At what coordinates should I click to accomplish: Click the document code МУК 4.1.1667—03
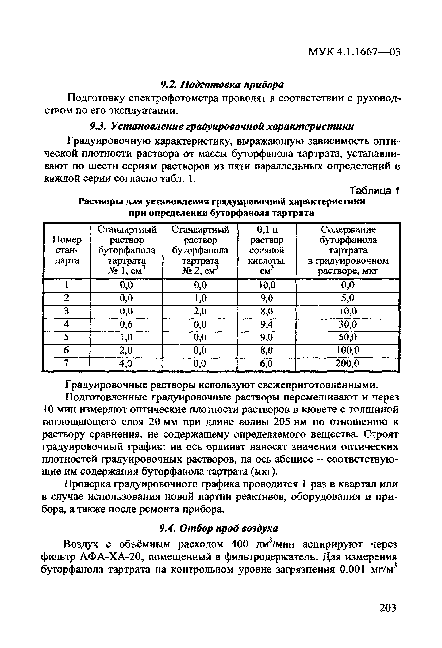[x=354, y=52]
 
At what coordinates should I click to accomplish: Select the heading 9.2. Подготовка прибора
[x=222, y=85]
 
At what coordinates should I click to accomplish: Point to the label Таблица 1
[x=375, y=191]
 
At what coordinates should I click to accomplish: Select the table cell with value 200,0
[x=347, y=363]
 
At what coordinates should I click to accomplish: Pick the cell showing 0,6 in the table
[x=126, y=324]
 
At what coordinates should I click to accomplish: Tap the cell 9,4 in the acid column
[x=267, y=324]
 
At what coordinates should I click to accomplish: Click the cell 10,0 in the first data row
[x=267, y=285]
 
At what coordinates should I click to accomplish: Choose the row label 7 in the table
[x=66, y=363]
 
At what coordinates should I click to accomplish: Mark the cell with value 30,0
[x=347, y=324]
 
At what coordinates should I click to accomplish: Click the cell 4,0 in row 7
[x=126, y=363]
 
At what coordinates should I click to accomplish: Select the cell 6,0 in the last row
[x=267, y=363]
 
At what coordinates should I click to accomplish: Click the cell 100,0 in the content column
[x=347, y=350]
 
